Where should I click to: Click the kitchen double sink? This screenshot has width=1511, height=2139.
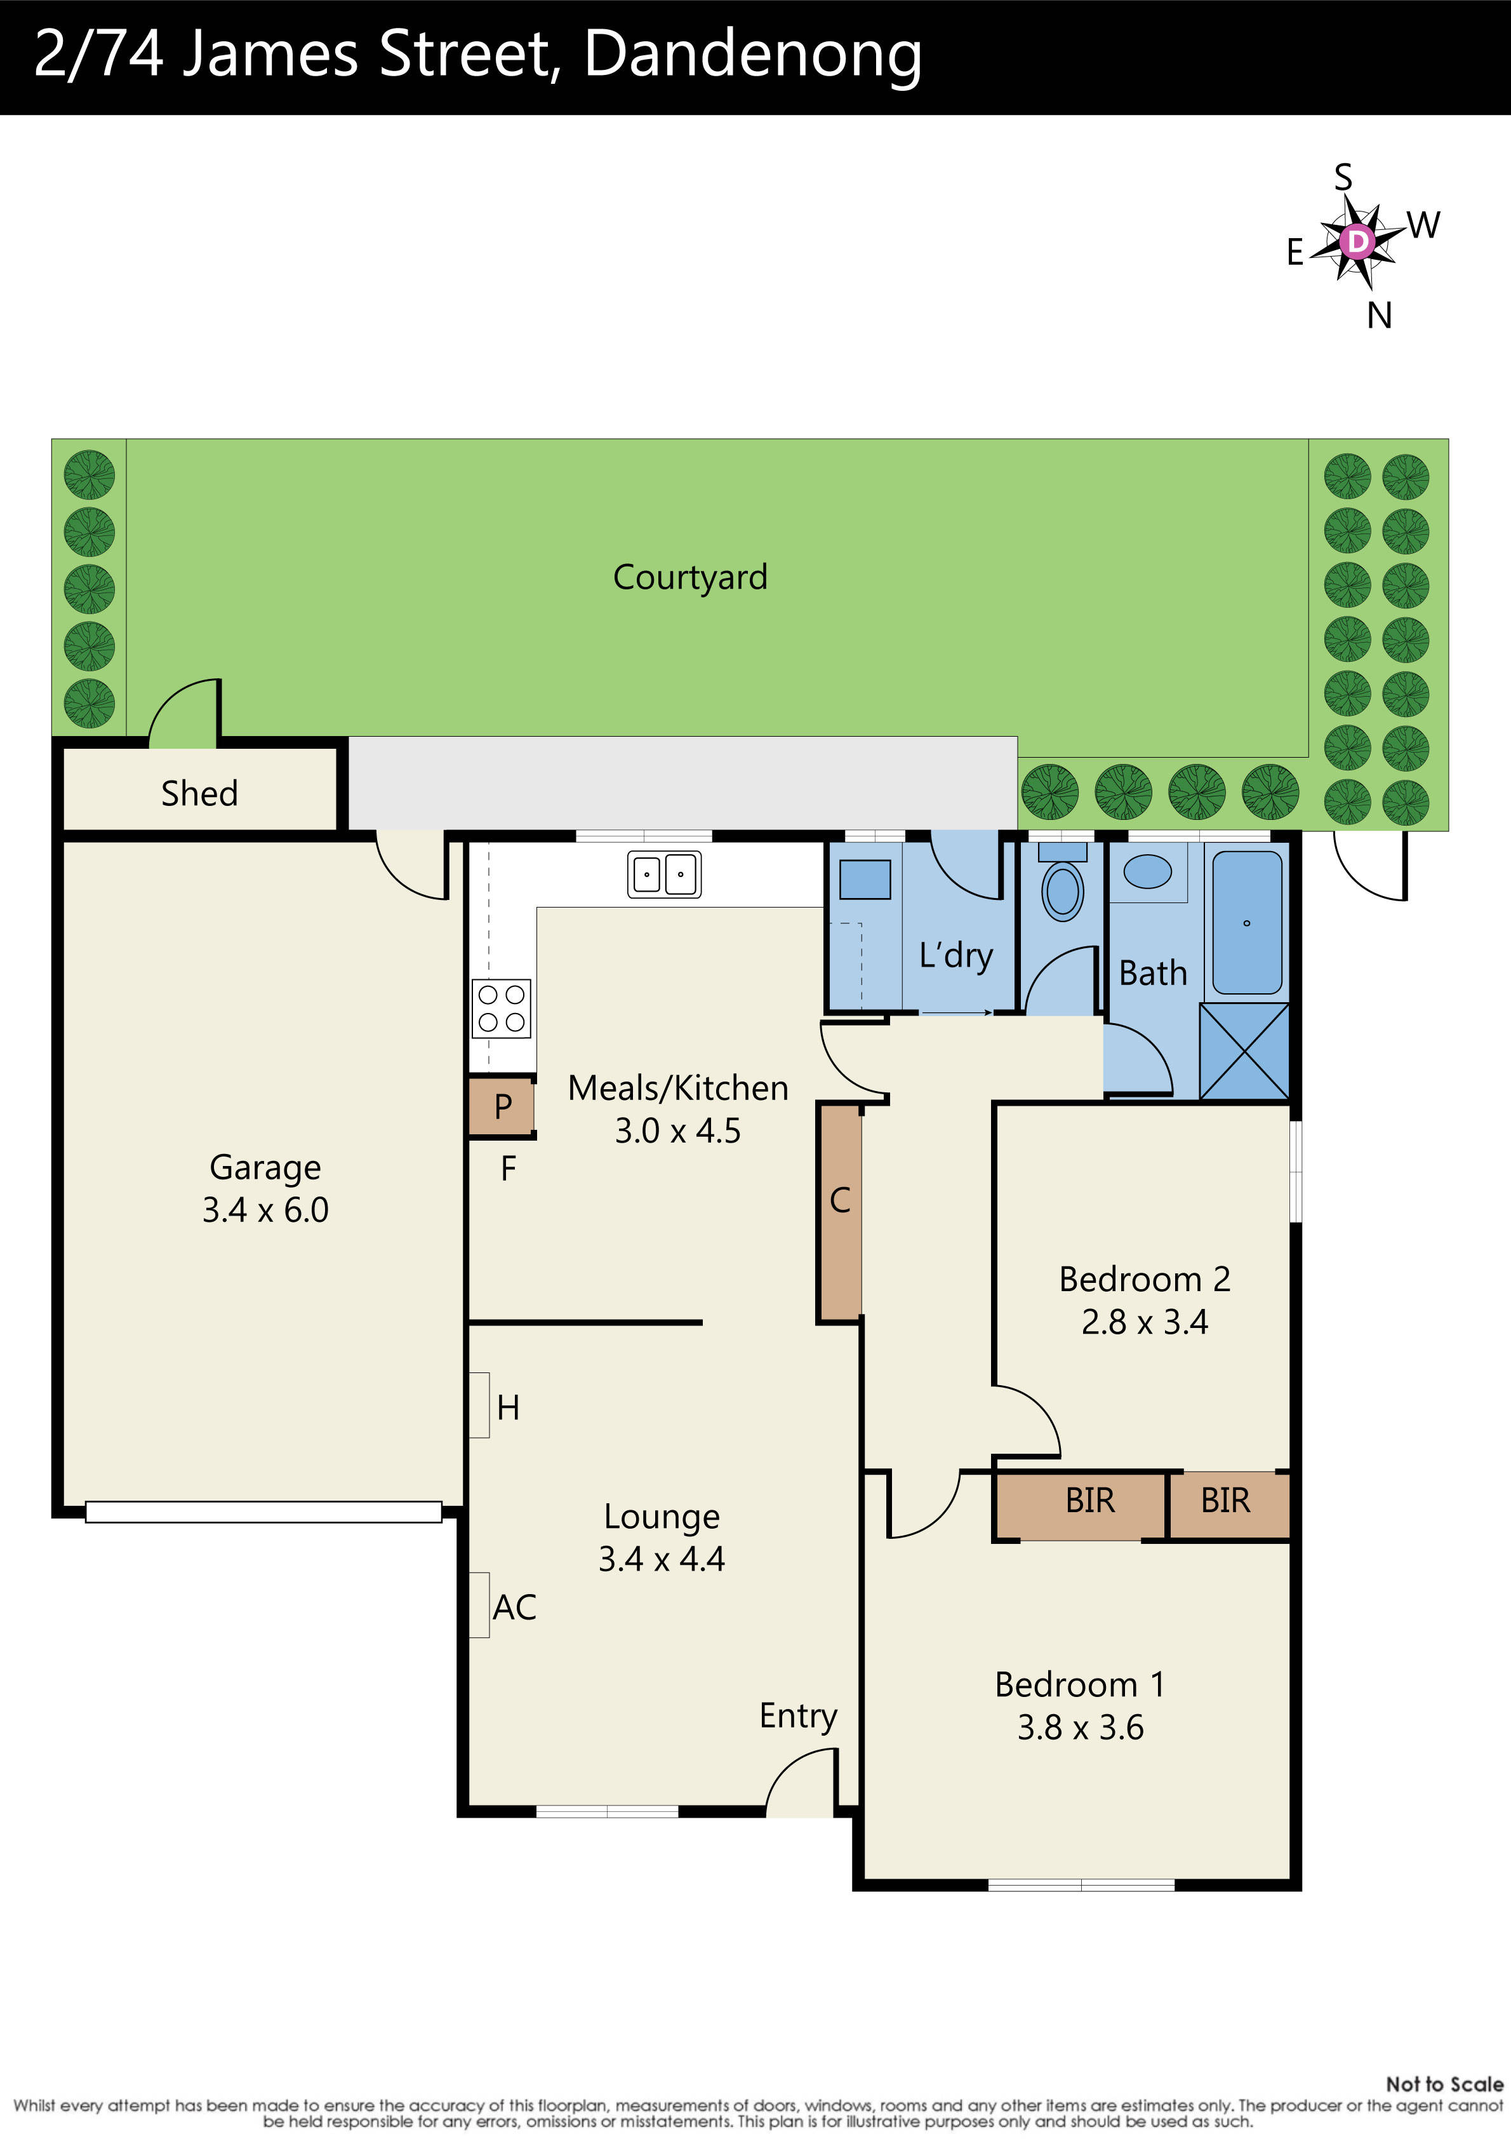663,874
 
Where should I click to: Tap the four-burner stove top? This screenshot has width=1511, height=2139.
501,1008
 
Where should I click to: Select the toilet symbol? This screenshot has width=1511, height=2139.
1062,890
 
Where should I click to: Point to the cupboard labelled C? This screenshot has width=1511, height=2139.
839,1212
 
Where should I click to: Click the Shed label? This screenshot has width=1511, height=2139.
199,793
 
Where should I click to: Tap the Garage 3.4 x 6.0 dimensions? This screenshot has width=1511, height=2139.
265,1209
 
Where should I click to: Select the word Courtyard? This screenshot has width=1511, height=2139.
689,577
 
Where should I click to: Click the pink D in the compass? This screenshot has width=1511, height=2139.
1357,241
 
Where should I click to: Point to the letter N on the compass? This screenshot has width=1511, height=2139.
1380,316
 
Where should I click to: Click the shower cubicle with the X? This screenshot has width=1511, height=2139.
1244,1050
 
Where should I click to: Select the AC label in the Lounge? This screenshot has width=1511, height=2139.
514,1607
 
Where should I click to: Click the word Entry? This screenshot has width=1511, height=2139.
797,1715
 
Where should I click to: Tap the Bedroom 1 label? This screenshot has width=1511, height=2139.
1080,1684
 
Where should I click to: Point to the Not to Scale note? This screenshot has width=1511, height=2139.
1444,2084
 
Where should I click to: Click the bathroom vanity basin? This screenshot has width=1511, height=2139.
1148,872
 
